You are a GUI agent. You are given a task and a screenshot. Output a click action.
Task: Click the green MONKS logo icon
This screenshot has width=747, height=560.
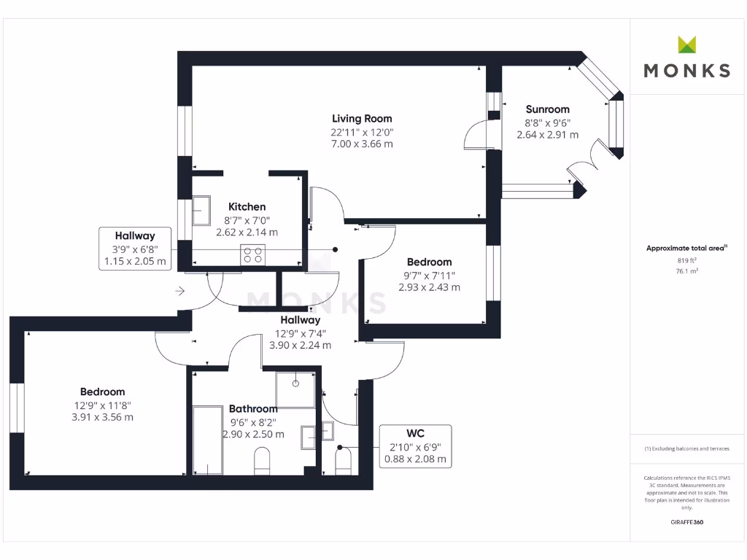click(x=686, y=44)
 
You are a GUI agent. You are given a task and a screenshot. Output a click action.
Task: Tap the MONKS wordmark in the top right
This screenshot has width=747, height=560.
click(x=686, y=71)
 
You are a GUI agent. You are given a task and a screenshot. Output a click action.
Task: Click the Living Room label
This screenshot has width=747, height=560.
click(x=362, y=118)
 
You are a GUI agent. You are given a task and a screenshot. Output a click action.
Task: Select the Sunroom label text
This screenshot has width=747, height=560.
click(x=547, y=109)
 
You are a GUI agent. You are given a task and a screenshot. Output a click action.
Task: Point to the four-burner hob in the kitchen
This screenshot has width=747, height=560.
click(x=253, y=254)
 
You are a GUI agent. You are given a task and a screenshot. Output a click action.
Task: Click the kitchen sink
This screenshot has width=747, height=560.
click(x=201, y=211)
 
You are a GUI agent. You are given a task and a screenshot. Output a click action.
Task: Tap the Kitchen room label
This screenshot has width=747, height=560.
click(x=247, y=206)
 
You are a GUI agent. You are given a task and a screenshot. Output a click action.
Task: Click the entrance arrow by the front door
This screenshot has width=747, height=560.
click(x=179, y=292)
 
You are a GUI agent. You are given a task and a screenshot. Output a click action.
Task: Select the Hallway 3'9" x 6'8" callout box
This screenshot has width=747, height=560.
click(x=135, y=249)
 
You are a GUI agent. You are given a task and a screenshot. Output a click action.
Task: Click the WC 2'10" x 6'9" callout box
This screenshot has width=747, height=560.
click(x=415, y=446)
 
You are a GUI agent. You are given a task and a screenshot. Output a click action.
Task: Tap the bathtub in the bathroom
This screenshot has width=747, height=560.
click(x=207, y=439)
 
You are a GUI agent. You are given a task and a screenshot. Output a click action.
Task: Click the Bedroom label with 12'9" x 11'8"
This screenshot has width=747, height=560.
click(x=102, y=392)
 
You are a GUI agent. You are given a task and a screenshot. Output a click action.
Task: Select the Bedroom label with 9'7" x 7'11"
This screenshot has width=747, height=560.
click(x=429, y=262)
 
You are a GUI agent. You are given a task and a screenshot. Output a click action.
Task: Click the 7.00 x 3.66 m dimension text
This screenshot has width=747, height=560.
click(x=362, y=144)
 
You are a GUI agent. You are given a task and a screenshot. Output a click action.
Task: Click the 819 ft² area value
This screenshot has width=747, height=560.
click(x=686, y=260)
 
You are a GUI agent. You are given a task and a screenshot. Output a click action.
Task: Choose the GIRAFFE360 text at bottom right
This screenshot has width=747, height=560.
click(x=686, y=522)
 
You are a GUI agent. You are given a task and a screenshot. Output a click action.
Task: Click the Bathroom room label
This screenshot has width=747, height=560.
click(x=253, y=408)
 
